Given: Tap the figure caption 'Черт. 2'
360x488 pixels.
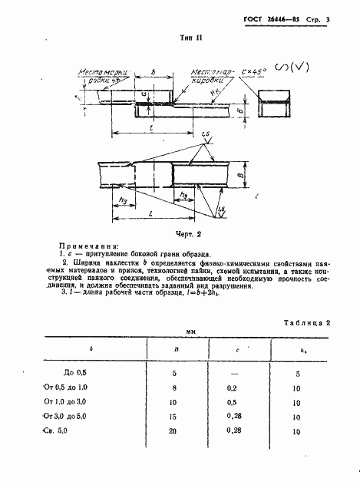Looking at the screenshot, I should coord(188,233).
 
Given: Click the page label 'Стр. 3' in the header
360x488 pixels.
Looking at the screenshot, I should coord(324,16).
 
